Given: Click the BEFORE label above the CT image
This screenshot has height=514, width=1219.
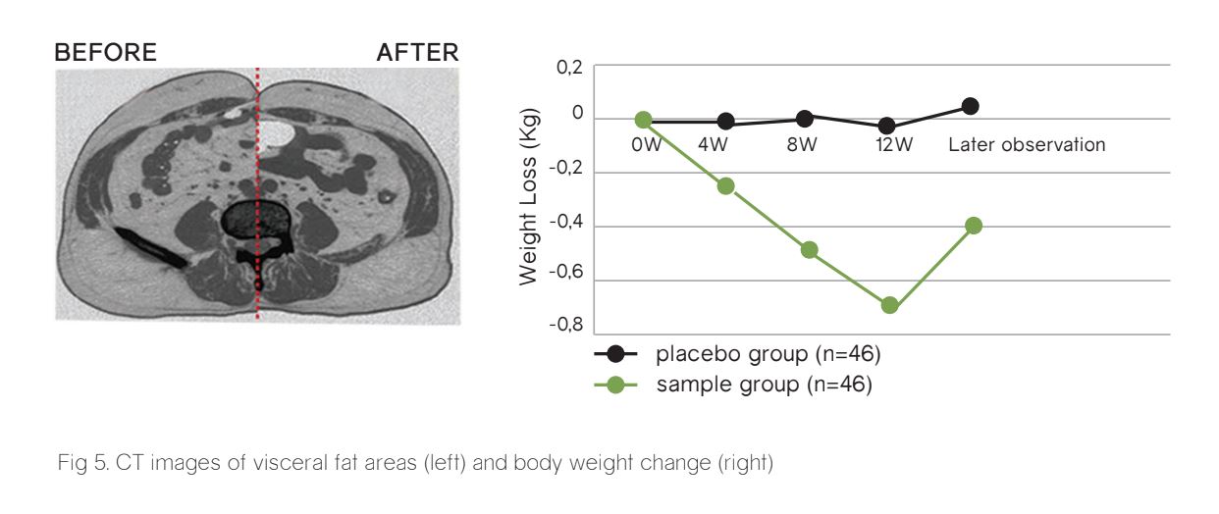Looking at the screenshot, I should point(105,53).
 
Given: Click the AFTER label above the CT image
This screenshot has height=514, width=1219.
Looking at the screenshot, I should point(417,53).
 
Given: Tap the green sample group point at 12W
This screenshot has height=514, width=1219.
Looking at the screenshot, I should point(890,305).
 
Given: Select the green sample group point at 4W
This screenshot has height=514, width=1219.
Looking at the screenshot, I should point(726,185).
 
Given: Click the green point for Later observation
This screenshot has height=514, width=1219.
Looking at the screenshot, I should point(974,226).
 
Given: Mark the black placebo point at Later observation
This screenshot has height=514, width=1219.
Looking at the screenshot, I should point(970,106).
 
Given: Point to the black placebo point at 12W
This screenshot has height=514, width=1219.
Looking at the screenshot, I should point(887,126).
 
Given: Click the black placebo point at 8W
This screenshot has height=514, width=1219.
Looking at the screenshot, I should point(805,119).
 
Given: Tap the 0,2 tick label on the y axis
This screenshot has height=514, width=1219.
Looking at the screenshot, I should point(570,67).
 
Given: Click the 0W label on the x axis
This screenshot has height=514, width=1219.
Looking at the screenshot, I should point(647,145).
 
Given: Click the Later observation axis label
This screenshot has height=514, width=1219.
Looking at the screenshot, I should point(1027,145).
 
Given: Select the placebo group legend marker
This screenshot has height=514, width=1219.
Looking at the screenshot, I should point(616,354).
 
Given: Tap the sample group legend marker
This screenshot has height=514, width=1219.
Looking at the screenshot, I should point(616,384).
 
